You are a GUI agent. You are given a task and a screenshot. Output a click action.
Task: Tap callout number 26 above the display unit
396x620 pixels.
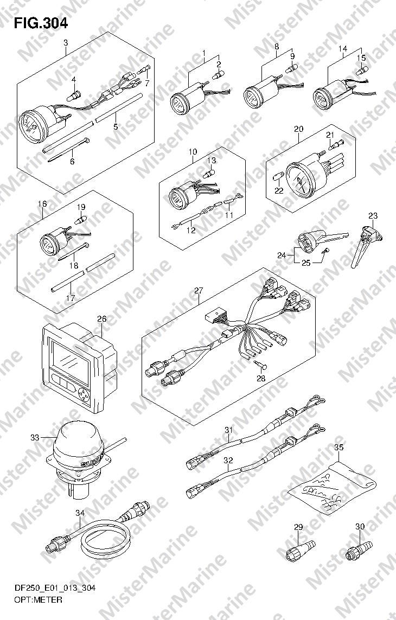click(x=101, y=318)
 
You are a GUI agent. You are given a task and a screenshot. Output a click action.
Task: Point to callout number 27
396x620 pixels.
click(x=198, y=291)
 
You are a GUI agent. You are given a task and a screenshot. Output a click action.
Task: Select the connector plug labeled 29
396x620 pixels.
click(x=301, y=550)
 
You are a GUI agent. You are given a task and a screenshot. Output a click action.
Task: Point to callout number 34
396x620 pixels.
click(x=80, y=513)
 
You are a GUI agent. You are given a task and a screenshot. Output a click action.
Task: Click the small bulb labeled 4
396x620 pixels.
click(x=74, y=94)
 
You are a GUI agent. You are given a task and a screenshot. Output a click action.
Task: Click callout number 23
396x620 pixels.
click(x=373, y=215)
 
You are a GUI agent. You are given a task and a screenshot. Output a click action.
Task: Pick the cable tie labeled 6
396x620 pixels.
click(x=68, y=150)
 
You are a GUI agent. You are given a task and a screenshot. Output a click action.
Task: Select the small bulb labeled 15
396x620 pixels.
click(x=360, y=71)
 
